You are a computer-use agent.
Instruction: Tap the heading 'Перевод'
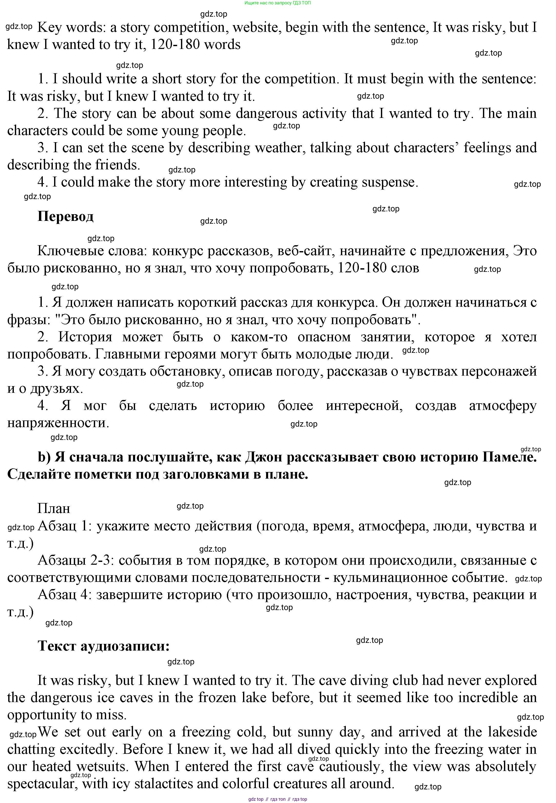[65, 216]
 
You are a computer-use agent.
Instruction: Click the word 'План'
[54, 508]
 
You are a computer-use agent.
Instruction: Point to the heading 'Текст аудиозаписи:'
[104, 646]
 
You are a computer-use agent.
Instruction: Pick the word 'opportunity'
[41, 715]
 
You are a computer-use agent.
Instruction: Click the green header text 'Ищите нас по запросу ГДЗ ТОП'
[278, 3]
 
